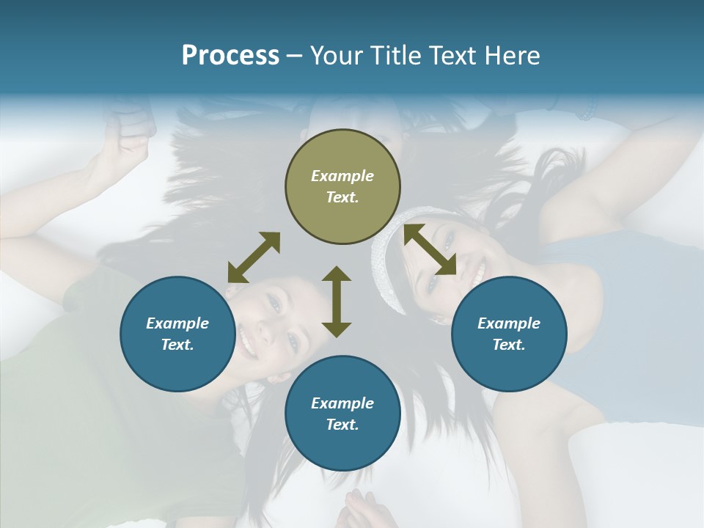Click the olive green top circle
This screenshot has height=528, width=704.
[342, 187]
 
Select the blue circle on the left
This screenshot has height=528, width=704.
[178, 334]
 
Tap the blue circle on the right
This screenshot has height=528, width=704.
[509, 334]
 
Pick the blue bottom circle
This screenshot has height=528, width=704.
[342, 414]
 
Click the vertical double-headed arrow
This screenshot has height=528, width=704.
[337, 301]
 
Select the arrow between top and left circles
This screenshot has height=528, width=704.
[254, 257]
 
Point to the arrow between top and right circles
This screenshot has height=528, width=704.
[430, 249]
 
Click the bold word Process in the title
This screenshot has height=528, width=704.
[230, 56]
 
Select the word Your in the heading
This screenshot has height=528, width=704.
[336, 56]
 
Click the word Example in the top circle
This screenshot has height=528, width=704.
[342, 176]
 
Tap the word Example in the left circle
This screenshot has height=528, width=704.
[177, 323]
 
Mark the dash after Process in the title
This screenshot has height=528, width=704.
[295, 56]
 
